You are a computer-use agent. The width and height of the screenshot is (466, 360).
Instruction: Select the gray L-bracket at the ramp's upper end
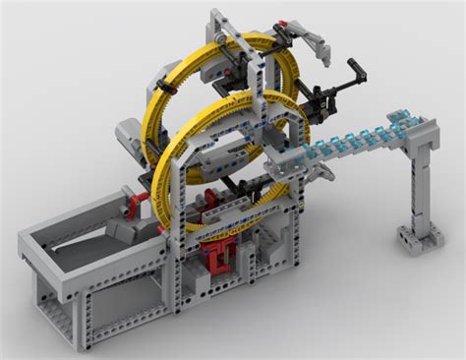click(428, 125)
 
